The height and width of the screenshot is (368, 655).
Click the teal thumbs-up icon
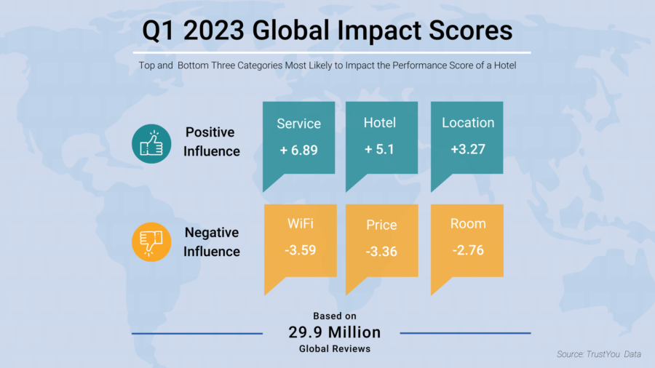pos(151,142)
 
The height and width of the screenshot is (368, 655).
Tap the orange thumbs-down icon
pos(151,242)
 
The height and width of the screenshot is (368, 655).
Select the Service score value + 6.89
pos(298,151)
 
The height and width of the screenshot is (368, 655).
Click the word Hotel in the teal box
pos(380,123)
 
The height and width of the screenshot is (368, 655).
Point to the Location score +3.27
pos(467,151)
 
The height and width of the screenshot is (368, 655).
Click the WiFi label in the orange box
pos(300,224)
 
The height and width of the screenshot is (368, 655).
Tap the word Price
pos(381,225)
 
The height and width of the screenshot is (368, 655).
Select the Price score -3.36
pos(381,252)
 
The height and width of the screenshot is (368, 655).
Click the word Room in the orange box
pos(467,224)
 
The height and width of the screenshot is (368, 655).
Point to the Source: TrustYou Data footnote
pos(598,354)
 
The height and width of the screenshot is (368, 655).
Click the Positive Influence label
pos(211,142)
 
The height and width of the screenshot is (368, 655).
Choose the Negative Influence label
pos(211,242)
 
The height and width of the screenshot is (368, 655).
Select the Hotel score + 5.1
pos(380,151)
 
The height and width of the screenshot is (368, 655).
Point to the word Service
pos(298,124)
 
